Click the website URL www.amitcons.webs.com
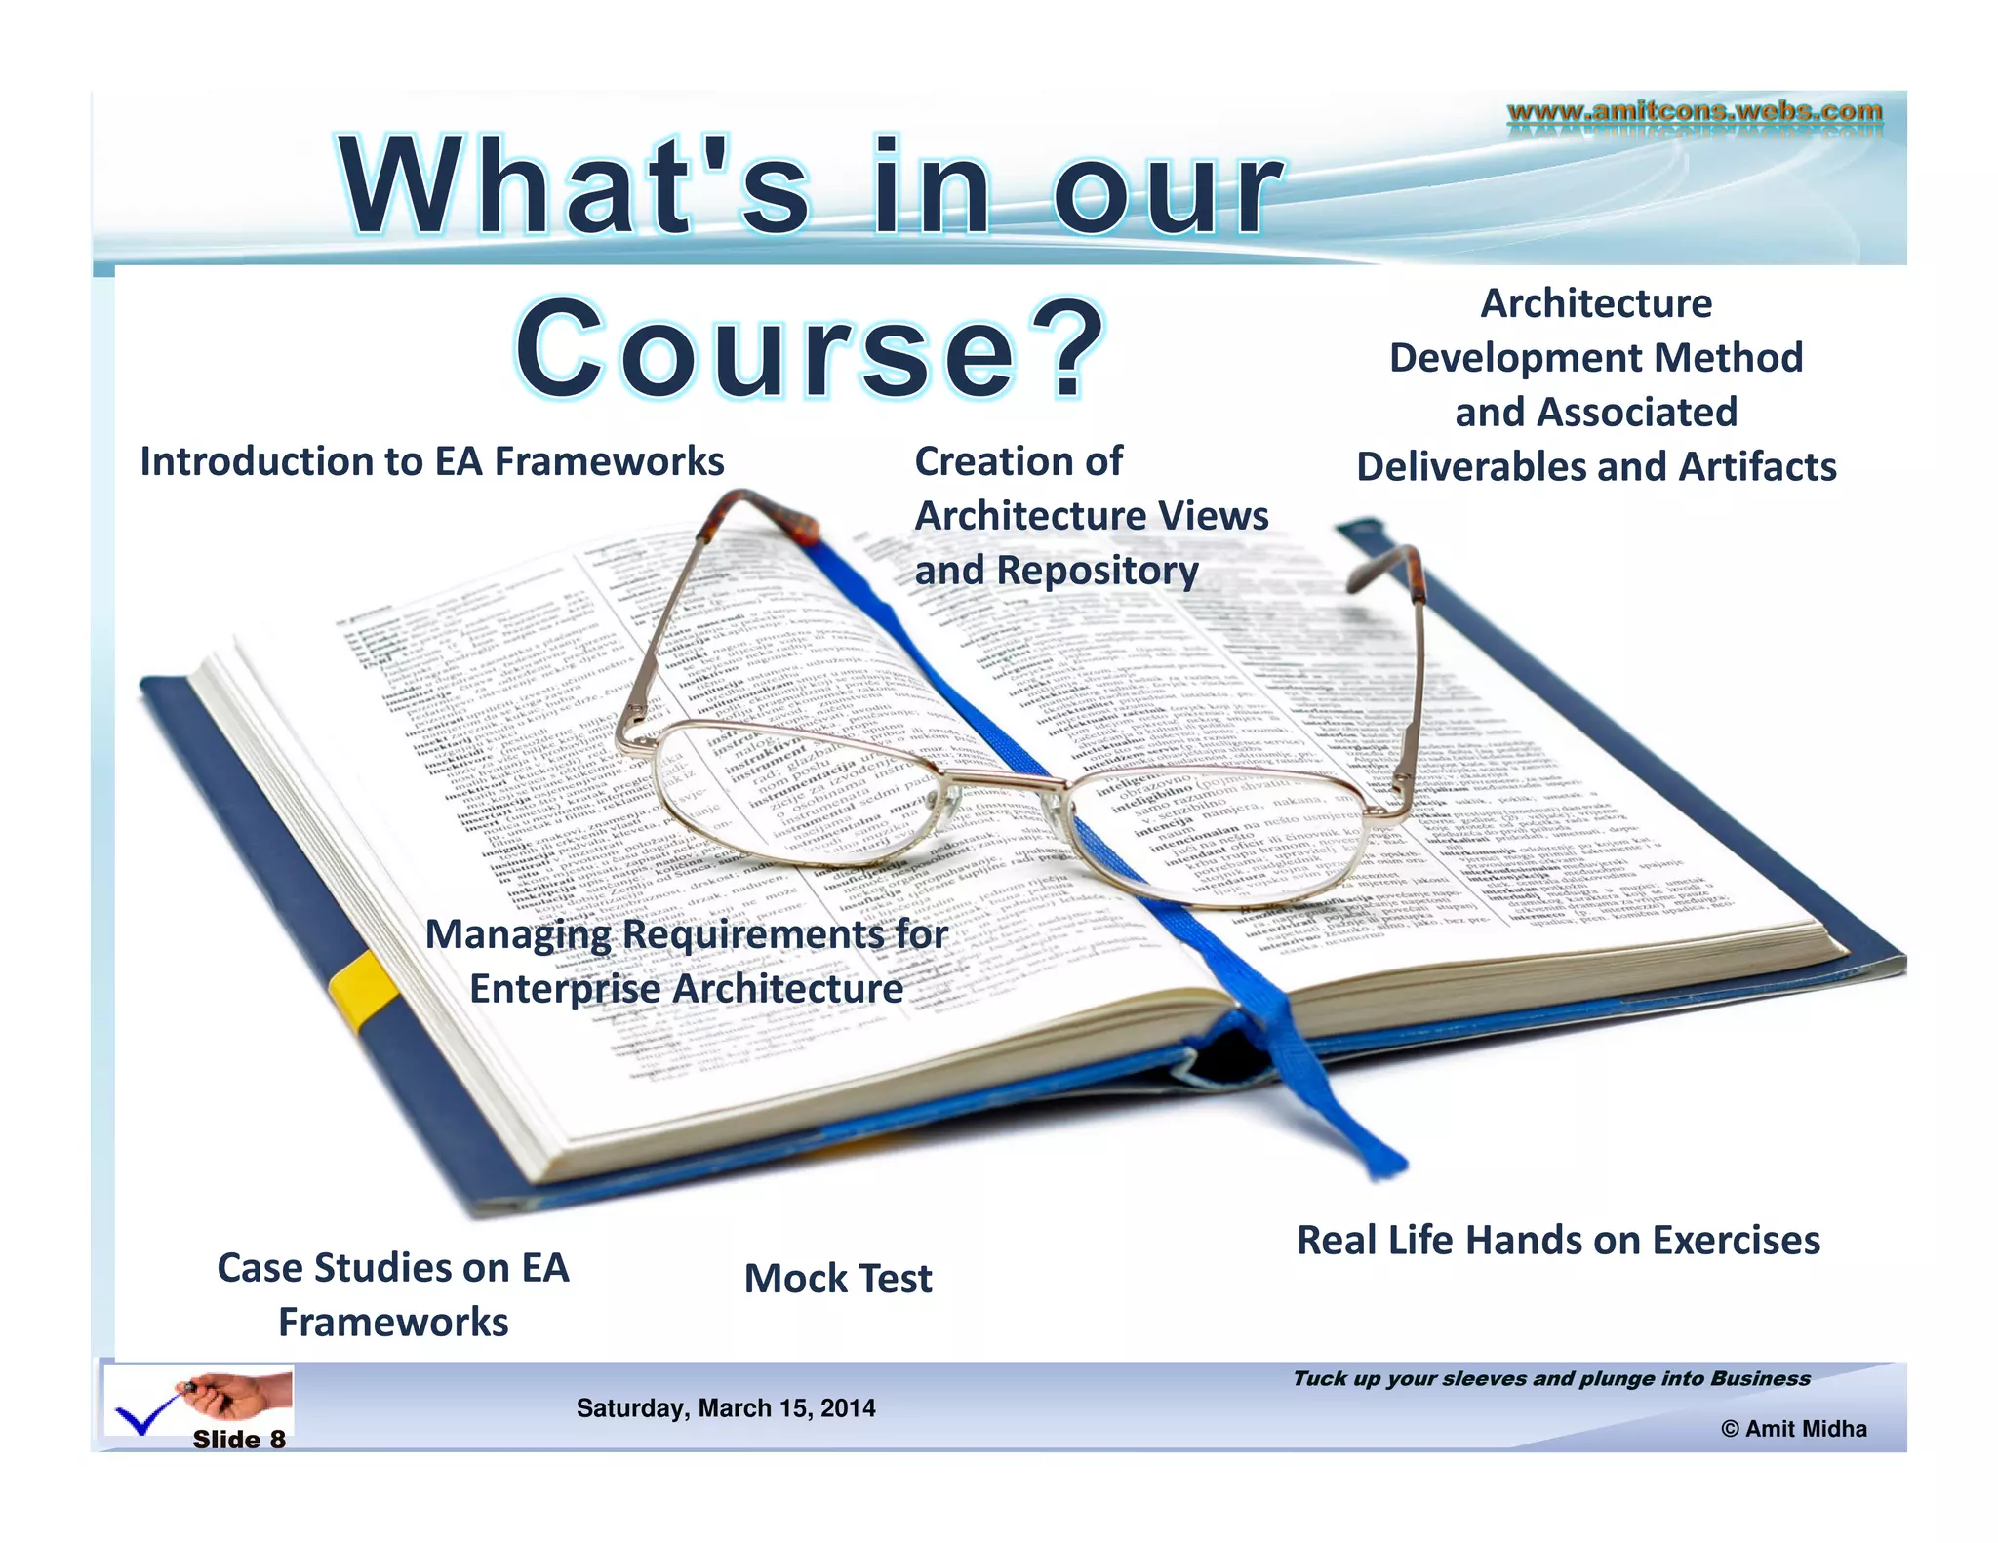[x=1695, y=111]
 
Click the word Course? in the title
[x=810, y=349]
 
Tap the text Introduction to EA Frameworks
[x=432, y=461]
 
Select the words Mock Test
[x=838, y=1279]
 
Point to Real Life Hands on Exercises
[x=1558, y=1241]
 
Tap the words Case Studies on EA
[x=393, y=1268]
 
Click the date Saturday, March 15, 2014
[x=726, y=1408]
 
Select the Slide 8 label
[x=239, y=1440]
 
